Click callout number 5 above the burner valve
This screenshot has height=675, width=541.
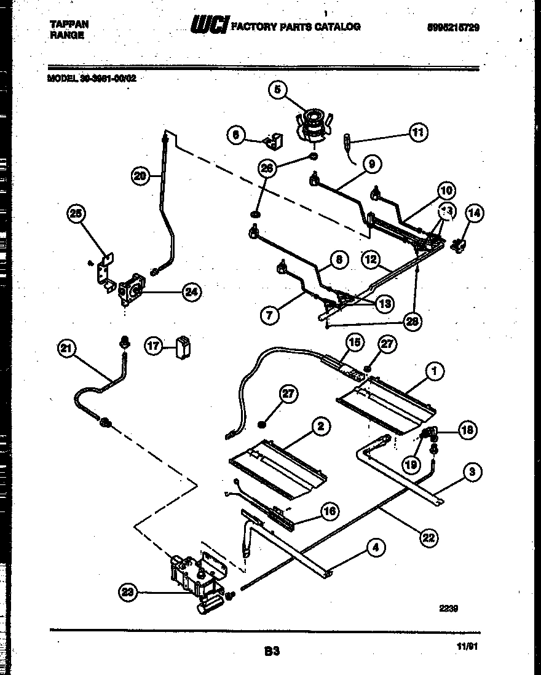(x=277, y=90)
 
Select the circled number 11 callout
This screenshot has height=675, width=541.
(x=418, y=132)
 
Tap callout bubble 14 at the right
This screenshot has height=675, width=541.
(x=474, y=213)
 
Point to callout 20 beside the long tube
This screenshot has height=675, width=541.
(x=141, y=176)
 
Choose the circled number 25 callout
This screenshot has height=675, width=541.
(x=76, y=213)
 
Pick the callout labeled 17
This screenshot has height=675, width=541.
(x=153, y=346)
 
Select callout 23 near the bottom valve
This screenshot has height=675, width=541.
(x=126, y=592)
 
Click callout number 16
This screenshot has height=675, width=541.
(x=330, y=510)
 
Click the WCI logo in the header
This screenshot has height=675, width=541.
(x=210, y=25)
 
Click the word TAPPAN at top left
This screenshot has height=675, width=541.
(x=68, y=24)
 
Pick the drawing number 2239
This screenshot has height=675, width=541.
(x=449, y=609)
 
